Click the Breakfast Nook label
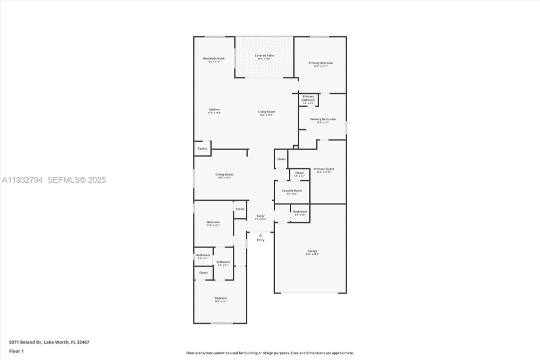coord(214,58)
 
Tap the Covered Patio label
coord(264,55)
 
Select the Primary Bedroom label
coord(320,63)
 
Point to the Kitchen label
coord(214,109)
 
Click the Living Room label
coord(266,111)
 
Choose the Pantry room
coord(202,148)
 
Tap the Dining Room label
coord(224,174)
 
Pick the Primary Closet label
coord(324,169)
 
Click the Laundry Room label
coord(292,190)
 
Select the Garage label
coord(312,251)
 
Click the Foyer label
coord(261,216)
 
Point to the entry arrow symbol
coord(260,234)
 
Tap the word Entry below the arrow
coord(260,240)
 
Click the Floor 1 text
coord(16,351)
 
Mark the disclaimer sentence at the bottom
coord(270,353)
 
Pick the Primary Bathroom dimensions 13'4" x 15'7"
coord(322,122)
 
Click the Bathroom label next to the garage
coord(300,211)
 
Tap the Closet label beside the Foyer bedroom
coord(240,209)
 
